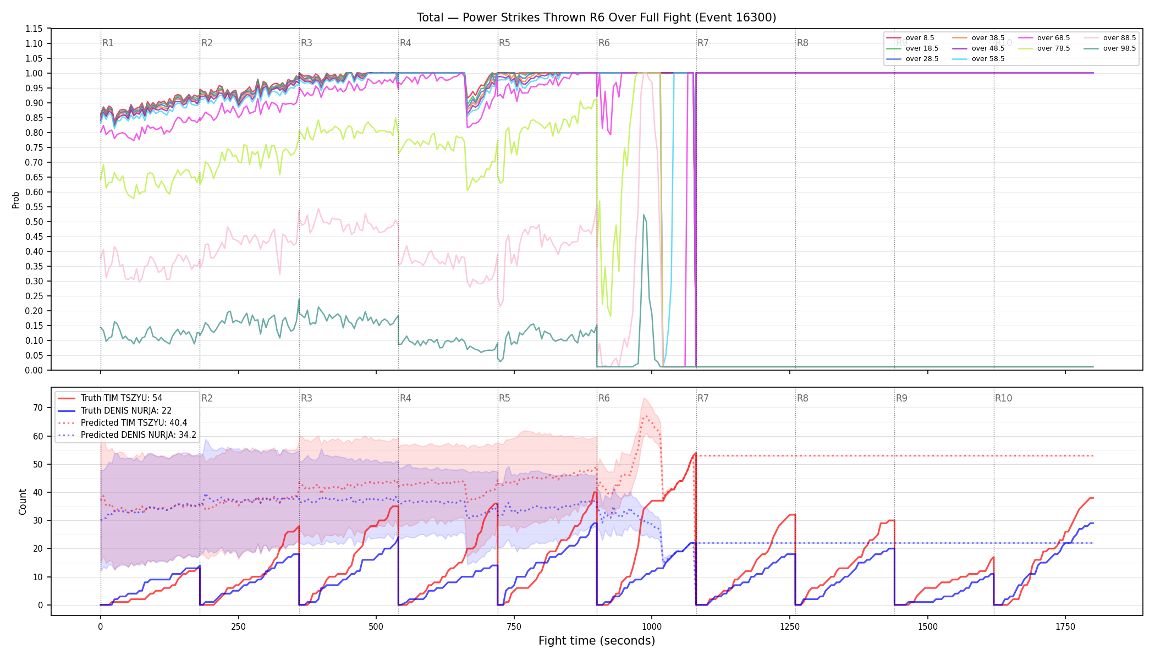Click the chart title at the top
pyautogui.click(x=596, y=18)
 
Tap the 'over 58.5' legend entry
pyautogui.click(x=978, y=59)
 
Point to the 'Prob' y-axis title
pyautogui.click(x=16, y=200)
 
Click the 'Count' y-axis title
pyautogui.click(x=23, y=502)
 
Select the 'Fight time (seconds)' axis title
pyautogui.click(x=597, y=641)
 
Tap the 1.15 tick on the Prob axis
pyautogui.click(x=34, y=29)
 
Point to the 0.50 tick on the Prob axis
pyautogui.click(x=34, y=222)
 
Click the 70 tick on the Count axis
pyautogui.click(x=38, y=408)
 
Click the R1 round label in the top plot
pyautogui.click(x=108, y=43)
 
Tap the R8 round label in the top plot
pyautogui.click(x=802, y=43)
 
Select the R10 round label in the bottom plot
pyautogui.click(x=1003, y=398)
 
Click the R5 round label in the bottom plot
pyautogui.click(x=504, y=398)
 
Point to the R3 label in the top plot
pyautogui.click(x=306, y=43)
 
